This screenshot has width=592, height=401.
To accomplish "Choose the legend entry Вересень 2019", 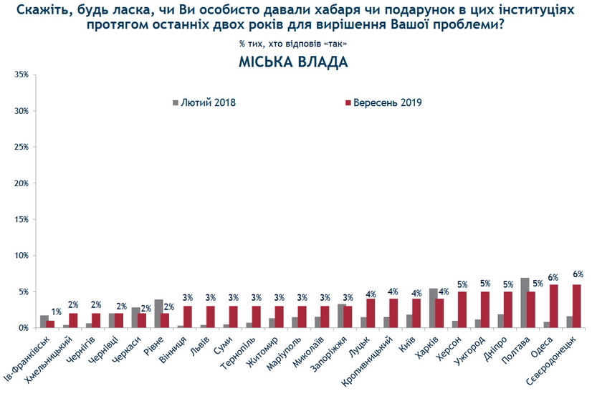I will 388,102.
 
